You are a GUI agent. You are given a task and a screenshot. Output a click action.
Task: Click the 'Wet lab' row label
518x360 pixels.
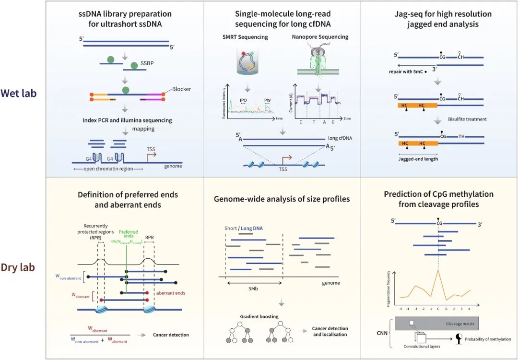[19, 93]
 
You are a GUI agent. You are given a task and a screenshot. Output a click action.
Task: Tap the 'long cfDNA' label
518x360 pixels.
[340, 138]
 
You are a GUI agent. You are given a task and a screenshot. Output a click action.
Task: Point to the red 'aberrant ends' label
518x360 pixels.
[171, 293]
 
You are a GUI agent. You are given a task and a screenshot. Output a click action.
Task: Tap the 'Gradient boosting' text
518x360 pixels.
[259, 317]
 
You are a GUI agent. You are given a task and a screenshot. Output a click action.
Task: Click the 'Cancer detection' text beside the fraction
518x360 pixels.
[171, 335]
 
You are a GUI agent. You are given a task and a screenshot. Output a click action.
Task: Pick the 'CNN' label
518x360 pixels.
[382, 331]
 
